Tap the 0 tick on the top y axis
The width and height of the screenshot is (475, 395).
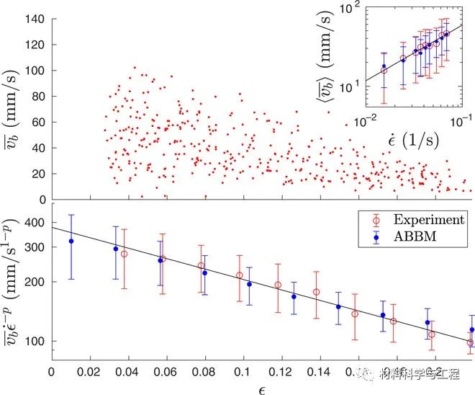(x=42, y=200)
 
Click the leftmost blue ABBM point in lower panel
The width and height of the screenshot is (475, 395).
(x=71, y=241)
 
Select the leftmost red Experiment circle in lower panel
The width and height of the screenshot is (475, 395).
(x=124, y=254)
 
